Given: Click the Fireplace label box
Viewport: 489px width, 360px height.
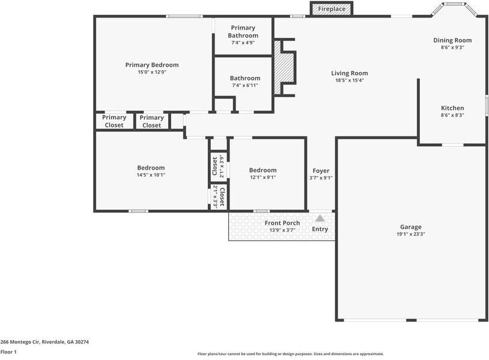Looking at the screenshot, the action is [332, 9].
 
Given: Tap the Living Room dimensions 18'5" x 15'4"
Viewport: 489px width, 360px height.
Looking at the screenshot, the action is [349, 80].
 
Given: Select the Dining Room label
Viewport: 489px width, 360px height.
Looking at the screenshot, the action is [452, 40].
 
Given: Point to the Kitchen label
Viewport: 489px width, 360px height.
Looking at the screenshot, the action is [452, 108].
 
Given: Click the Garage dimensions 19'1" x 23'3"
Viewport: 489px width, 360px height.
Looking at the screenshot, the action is [411, 234].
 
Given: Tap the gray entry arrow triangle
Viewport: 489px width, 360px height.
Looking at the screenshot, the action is [320, 218].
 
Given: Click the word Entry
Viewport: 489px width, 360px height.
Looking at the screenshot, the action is [320, 229].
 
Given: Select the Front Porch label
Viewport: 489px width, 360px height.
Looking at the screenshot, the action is [282, 223].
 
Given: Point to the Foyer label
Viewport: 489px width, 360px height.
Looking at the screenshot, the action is [321, 171].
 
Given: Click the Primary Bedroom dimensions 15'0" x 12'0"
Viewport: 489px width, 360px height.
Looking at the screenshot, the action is [152, 72].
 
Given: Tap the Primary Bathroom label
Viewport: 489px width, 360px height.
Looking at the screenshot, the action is [243, 31].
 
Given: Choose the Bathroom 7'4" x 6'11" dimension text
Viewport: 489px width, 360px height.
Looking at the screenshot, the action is [245, 85].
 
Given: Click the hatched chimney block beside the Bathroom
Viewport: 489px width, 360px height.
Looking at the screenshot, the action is [284, 67].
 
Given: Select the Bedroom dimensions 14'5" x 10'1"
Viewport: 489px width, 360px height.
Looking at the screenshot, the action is [151, 175].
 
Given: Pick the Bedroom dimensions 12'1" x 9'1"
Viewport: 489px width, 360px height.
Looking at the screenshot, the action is [263, 177].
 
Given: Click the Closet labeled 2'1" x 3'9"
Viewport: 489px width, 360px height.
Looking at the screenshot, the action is [218, 166].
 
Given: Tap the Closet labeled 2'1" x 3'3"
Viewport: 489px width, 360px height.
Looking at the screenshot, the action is [219, 197].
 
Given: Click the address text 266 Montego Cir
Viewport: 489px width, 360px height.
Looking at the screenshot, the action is [20, 342].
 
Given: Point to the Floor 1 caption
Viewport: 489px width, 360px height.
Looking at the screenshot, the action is [8, 352].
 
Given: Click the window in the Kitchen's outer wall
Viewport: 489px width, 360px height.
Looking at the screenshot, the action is [487, 105].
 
